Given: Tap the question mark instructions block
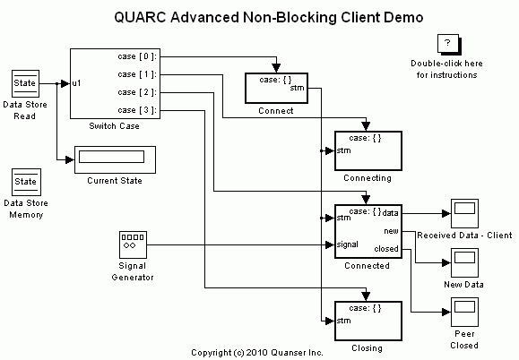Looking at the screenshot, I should (x=446, y=45).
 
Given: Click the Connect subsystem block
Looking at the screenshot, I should (x=276, y=88).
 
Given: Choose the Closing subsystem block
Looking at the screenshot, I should (x=368, y=321).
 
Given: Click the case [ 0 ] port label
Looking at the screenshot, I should (x=138, y=56).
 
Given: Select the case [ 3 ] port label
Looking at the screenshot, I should (x=138, y=110).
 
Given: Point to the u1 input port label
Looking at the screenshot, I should (x=78, y=83).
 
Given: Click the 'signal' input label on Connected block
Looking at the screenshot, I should (x=348, y=244).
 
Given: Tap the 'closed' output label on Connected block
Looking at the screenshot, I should (x=386, y=249).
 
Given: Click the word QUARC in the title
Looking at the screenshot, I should (x=141, y=16).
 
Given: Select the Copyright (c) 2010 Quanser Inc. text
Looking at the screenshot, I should (x=258, y=353).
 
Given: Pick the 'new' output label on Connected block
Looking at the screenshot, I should (x=391, y=231).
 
